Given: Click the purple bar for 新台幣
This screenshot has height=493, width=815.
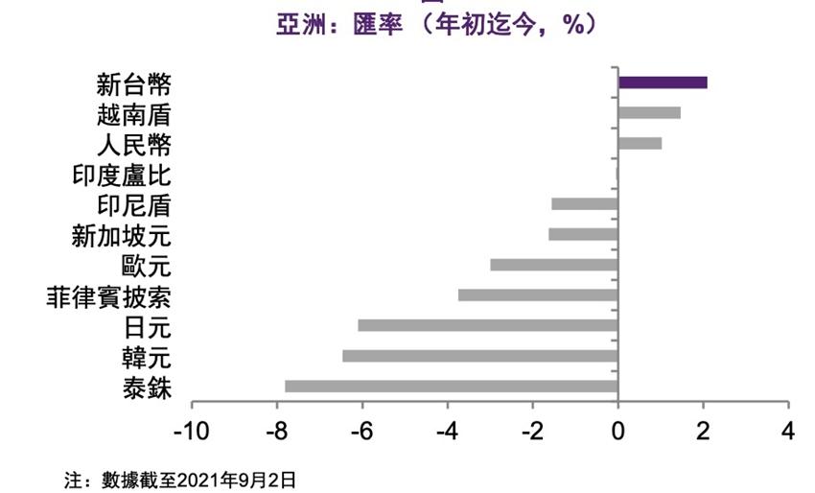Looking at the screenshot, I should [663, 82].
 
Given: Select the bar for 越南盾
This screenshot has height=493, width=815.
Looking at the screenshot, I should [649, 113].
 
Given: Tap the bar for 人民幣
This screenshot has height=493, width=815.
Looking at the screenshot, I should [640, 144].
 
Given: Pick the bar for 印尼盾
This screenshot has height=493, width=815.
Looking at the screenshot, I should [585, 204].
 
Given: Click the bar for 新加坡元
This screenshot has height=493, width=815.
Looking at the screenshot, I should [583, 234].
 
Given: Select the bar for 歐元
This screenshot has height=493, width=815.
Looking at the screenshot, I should [554, 265].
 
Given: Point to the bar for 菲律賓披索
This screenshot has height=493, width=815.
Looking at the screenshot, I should [538, 295].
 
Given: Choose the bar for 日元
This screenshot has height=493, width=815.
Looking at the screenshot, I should [488, 325].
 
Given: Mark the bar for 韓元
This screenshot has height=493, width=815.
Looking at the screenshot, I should [480, 356].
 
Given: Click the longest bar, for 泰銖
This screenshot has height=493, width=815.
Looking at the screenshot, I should [452, 387].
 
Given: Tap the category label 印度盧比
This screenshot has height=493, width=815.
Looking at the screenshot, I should [121, 175].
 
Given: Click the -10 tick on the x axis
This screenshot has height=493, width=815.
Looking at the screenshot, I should [192, 430].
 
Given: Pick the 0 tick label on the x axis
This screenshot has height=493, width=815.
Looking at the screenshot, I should [618, 430].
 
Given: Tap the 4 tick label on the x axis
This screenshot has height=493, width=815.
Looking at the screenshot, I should [788, 430].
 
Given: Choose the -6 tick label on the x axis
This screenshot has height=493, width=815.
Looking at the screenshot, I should [362, 430].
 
